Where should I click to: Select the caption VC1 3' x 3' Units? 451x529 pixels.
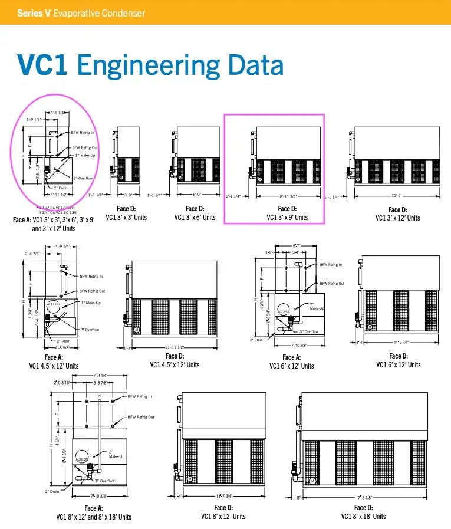(x=126, y=217)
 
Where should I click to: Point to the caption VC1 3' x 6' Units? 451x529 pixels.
(x=195, y=217)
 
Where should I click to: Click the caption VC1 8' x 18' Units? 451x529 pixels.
(x=363, y=516)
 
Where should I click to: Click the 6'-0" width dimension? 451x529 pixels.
(x=199, y=194)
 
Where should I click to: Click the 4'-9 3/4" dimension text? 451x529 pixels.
(x=63, y=246)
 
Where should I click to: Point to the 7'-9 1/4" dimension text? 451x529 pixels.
(x=103, y=375)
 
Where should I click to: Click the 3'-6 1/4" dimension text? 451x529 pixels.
(x=58, y=112)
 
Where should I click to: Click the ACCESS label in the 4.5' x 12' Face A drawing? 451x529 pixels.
(x=53, y=304)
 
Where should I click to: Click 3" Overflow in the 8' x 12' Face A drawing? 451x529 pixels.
(x=105, y=481)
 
